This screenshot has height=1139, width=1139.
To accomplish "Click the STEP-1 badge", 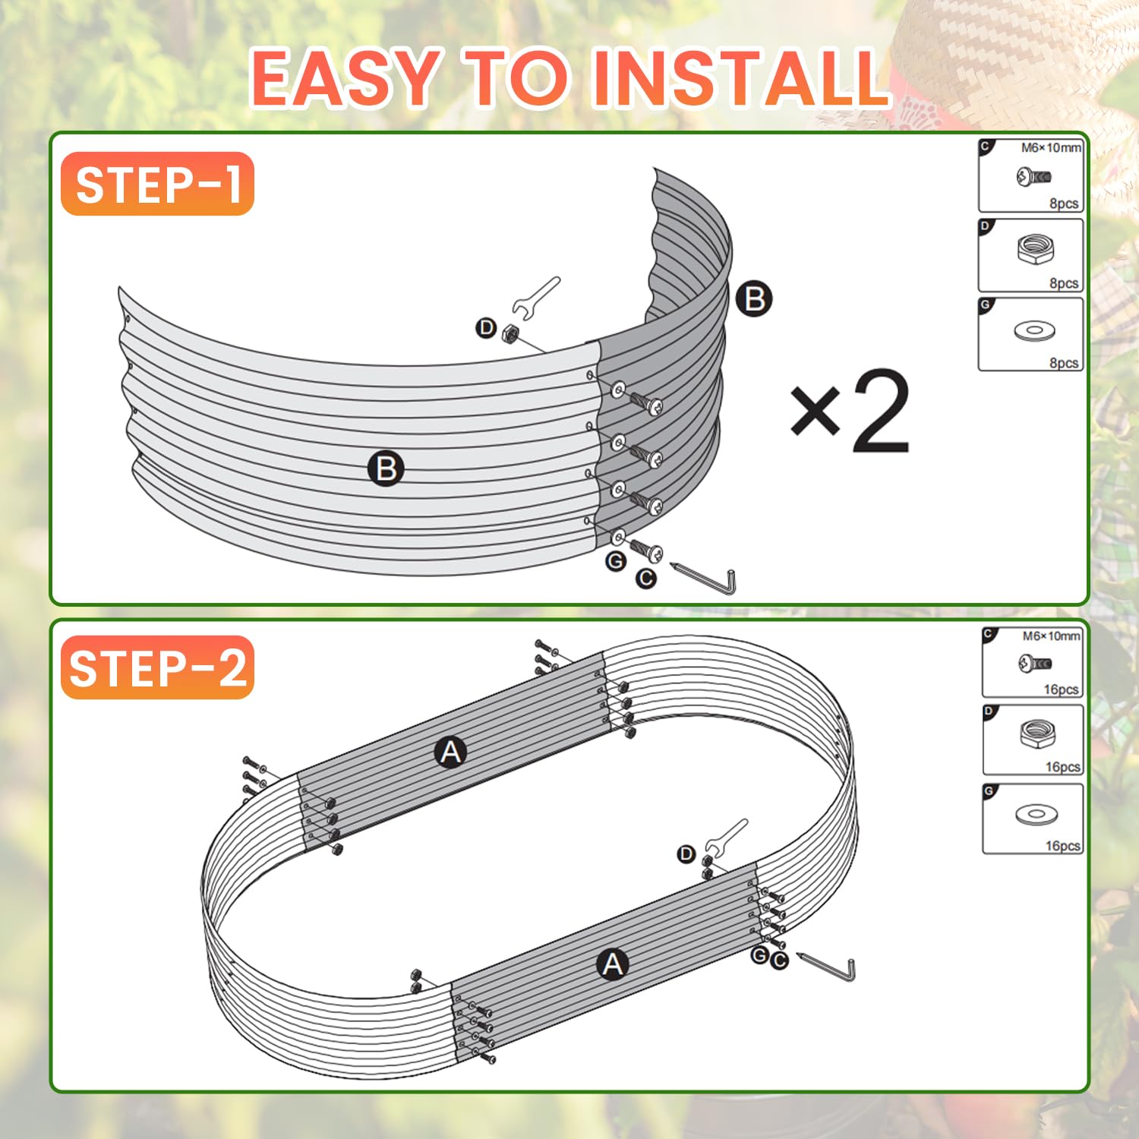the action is point(157,184).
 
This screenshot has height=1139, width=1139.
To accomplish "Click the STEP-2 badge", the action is point(157,667).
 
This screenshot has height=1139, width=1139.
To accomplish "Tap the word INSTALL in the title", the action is point(740,77).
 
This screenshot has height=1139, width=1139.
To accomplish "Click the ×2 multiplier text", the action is point(850,412).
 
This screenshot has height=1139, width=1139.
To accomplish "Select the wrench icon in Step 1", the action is point(535,297).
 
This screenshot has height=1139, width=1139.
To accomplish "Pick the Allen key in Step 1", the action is point(703,579).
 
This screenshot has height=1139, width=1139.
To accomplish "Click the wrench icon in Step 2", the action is point(726,836).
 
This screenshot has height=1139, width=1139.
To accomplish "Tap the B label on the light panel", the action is point(386,469).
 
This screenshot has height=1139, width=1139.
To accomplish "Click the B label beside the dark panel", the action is point(754,298).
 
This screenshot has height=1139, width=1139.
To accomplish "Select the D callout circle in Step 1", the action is point(486,328).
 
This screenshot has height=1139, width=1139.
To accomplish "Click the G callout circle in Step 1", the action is point(616,561).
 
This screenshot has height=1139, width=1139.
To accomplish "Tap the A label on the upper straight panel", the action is point(451,752).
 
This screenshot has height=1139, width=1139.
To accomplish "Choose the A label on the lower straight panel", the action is point(613,964).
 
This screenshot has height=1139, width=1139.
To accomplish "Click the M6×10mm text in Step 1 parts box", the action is point(1051,148).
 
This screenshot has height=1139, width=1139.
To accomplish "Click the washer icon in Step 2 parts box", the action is point(1036,815).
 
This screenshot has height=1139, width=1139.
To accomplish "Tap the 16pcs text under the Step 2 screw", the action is point(1061,689).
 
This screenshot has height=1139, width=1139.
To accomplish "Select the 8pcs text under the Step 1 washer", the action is point(1064,363).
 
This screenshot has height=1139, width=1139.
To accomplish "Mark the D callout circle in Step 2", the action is point(686,854).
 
